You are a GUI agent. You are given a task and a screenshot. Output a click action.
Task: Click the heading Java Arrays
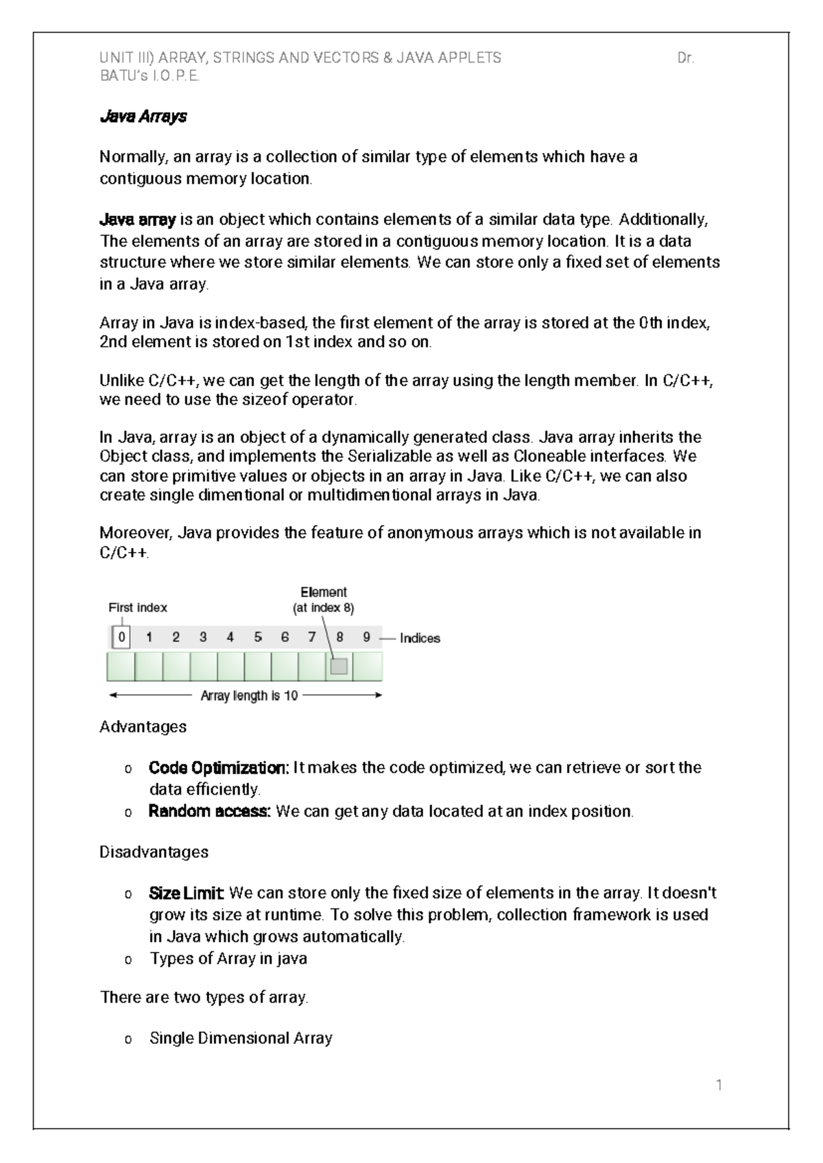point(143,117)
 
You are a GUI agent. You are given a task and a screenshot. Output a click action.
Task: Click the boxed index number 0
point(121,638)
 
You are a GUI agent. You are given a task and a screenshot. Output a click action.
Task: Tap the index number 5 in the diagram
point(258,638)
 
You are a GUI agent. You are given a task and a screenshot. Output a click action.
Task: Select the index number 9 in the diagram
point(367,638)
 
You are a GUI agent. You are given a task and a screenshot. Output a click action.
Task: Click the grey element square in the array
point(339,666)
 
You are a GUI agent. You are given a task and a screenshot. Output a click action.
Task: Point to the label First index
point(138,608)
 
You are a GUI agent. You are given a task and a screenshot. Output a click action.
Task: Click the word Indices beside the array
point(420,638)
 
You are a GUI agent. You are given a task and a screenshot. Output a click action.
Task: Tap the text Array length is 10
point(249,696)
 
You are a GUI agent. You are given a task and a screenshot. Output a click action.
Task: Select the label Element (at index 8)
point(324,599)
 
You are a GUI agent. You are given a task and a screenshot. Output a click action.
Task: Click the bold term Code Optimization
point(218,767)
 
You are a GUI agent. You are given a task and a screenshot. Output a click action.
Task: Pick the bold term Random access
point(209,811)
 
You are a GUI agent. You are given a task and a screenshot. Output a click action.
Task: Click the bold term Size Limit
point(186,894)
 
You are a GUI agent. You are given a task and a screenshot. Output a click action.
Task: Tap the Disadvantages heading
point(154,852)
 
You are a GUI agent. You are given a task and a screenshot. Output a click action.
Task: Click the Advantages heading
point(143,726)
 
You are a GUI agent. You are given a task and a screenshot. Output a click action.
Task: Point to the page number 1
point(719,1086)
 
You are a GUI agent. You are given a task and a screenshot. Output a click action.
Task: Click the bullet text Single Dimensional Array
point(241,1038)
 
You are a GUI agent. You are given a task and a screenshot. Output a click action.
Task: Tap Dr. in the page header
point(685,58)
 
